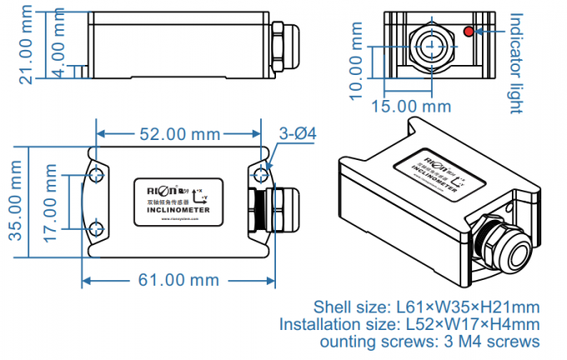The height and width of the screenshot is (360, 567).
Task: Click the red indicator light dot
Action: [469, 32]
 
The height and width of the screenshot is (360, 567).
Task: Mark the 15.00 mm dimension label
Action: [411, 107]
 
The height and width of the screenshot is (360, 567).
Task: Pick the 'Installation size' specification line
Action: [409, 323]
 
